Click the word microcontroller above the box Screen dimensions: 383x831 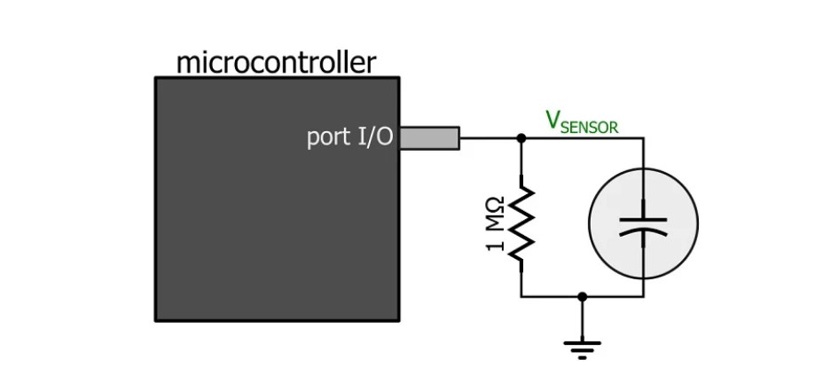tap(276, 63)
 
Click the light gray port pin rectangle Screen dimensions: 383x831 tap(430, 137)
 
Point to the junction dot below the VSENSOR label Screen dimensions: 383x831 tap(521, 137)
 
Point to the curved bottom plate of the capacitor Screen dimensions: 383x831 tap(644, 230)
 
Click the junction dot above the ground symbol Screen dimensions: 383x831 tap(582, 297)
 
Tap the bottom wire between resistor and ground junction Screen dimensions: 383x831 tap(551, 297)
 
